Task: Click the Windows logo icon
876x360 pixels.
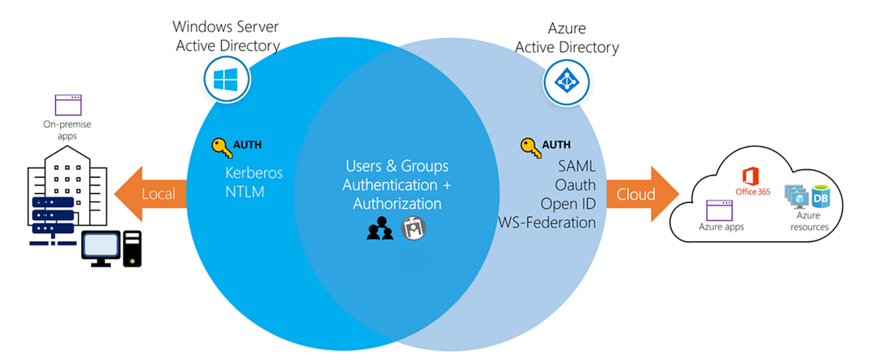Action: click(x=226, y=77)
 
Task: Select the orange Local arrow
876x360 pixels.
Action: click(x=150, y=195)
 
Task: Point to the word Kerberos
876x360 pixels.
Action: click(x=254, y=174)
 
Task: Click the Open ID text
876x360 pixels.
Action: click(x=568, y=203)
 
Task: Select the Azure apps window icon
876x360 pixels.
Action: click(x=721, y=211)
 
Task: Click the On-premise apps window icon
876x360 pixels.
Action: click(x=68, y=104)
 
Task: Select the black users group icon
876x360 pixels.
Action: click(x=380, y=229)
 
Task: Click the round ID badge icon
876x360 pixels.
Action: click(x=414, y=229)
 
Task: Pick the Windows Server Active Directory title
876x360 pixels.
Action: click(x=226, y=37)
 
